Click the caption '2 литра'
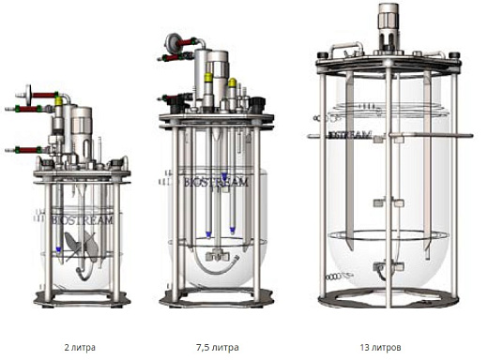[x=80, y=347]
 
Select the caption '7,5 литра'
[x=218, y=347]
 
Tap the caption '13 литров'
[x=380, y=347]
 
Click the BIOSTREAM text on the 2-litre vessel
[x=82, y=220]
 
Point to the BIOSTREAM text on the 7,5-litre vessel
[x=216, y=182]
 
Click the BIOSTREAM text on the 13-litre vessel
[x=350, y=135]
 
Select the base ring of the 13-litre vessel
[x=389, y=298]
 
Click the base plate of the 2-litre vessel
[x=82, y=298]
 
